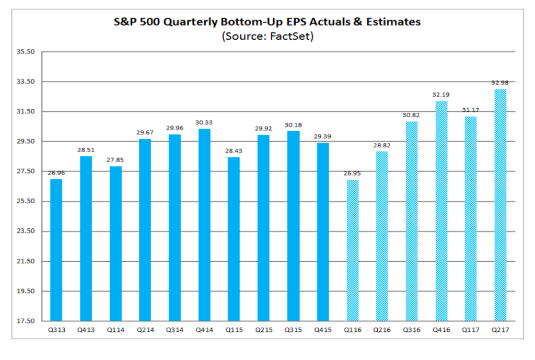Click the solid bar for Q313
(56, 250)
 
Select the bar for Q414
(204, 225)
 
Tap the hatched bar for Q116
(352, 250)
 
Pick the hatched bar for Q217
(501, 205)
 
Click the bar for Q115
(234, 239)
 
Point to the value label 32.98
(501, 83)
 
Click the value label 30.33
(204, 122)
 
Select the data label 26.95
(352, 173)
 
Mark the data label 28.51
(86, 149)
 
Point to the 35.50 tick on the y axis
(25, 52)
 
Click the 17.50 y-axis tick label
(25, 320)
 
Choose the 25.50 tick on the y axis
(25, 201)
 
